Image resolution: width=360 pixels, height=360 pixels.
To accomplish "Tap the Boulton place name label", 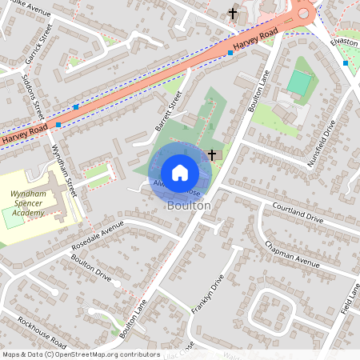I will [x=190, y=206].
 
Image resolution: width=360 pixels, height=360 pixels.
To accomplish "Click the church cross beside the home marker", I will [x=212, y=154].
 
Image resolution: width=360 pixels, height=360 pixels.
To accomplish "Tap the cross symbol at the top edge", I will [x=233, y=13].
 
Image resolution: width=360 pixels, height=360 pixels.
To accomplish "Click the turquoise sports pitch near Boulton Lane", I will [x=299, y=82].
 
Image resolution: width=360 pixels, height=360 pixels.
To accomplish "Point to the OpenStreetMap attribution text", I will [x=81, y=354].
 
